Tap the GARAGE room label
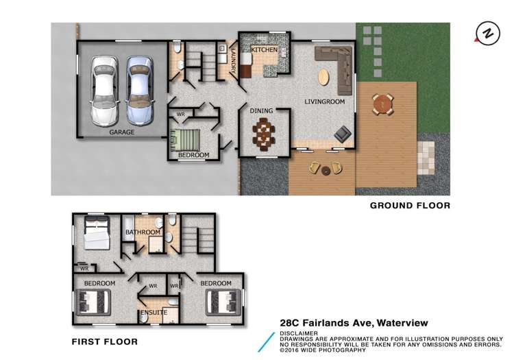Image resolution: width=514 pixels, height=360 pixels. pyautogui.click(x=121, y=132)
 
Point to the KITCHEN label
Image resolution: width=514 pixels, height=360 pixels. pyautogui.click(x=265, y=51)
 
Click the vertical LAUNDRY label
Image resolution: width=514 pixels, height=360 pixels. pyautogui.click(x=234, y=60)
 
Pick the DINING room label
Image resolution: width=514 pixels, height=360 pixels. pyautogui.click(x=260, y=110)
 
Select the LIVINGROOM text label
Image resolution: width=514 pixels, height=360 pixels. pyautogui.click(x=324, y=102)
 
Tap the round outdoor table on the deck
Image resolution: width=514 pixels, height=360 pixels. pyautogui.click(x=382, y=104)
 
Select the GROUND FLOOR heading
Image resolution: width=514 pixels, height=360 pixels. pyautogui.click(x=410, y=205)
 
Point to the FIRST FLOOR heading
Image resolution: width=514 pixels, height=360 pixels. pyautogui.click(x=105, y=341)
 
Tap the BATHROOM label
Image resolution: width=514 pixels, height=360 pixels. pyautogui.click(x=143, y=232)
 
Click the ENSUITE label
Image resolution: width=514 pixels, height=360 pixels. pyautogui.click(x=153, y=313)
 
